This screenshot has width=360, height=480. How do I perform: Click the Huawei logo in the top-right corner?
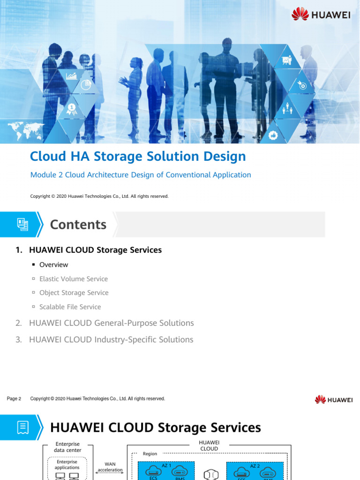point(321,15)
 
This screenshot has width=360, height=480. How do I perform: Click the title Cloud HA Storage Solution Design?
point(138,157)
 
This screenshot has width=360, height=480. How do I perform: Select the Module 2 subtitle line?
point(141,175)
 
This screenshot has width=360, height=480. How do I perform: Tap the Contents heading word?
point(78,225)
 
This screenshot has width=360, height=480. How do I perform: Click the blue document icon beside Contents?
point(22,225)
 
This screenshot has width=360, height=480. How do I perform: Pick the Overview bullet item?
point(53,265)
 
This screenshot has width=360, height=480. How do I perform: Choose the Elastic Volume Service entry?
point(74,279)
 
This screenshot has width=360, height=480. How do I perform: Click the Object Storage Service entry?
point(74,293)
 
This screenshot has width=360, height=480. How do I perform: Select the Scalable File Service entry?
point(70,307)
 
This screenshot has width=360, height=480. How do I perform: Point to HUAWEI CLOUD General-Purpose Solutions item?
point(111,323)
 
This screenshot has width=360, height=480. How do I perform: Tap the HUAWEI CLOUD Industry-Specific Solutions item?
point(111,339)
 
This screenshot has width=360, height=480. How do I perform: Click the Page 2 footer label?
point(14,399)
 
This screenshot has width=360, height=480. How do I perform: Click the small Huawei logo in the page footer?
point(334,400)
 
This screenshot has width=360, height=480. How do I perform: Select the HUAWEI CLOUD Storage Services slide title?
point(155,427)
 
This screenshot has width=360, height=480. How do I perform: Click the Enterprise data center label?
point(67,447)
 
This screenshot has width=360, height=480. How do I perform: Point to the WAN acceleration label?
point(110,467)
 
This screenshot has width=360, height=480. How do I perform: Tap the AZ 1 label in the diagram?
point(166,465)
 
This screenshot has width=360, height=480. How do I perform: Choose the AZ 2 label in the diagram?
point(255,465)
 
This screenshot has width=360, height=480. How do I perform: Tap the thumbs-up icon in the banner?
point(273,135)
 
